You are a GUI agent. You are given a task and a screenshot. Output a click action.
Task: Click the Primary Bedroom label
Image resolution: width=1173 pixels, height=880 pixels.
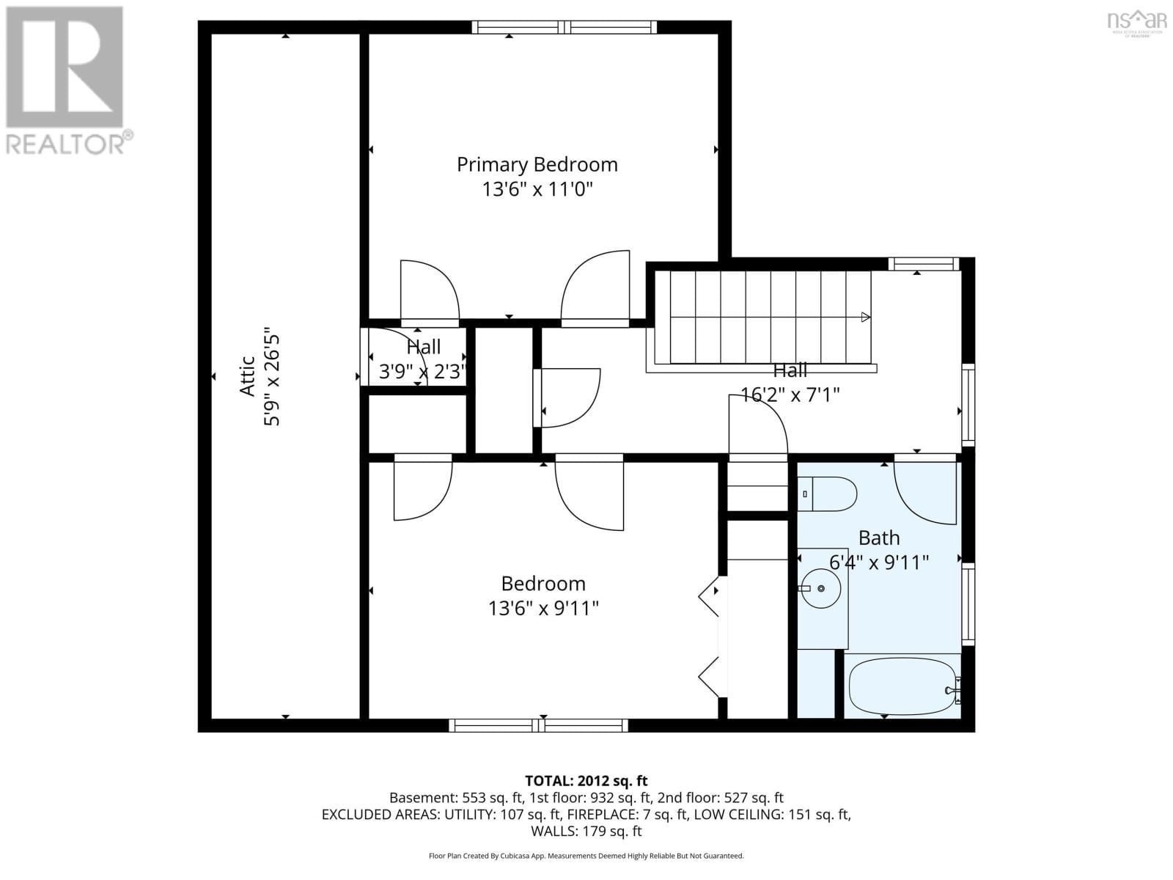537,164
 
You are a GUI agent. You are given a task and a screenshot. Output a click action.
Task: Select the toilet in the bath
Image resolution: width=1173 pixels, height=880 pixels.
828,494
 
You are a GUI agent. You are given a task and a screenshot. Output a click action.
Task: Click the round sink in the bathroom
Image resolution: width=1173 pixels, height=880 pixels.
820,588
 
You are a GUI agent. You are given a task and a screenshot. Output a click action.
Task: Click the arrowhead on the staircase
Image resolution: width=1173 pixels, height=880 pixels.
866,318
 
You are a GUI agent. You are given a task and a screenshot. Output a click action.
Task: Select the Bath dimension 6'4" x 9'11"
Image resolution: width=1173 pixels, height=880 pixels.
879,562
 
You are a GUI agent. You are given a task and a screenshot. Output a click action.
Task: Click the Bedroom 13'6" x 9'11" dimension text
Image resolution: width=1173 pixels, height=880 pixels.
543,609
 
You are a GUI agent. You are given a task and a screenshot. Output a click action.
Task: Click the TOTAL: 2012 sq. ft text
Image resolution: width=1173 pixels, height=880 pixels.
586,781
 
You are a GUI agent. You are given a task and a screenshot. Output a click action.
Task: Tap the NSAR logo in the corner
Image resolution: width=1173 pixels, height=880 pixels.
1137,22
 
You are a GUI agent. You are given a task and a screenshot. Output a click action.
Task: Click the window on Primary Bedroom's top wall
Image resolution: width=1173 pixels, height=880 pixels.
564,27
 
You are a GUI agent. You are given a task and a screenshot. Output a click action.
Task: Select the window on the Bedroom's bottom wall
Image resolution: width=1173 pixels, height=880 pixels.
538,725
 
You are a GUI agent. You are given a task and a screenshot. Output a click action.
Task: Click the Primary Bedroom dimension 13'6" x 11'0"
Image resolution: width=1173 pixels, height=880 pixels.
537,190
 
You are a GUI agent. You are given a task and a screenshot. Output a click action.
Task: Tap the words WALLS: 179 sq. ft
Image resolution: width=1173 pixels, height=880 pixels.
586,831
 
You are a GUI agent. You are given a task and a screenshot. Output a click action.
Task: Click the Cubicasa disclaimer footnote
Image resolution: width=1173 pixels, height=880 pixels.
586,856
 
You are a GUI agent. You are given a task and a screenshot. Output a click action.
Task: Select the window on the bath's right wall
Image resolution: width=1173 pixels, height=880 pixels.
968,604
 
